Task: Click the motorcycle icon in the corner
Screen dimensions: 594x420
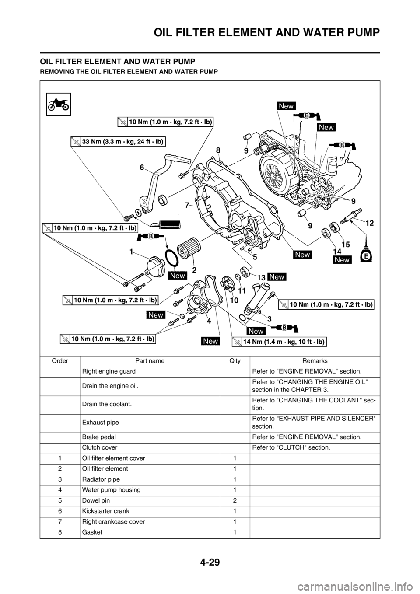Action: tap(59, 105)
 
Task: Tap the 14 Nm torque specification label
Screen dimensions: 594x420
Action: tap(280, 342)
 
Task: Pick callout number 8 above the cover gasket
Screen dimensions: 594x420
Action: tap(217, 150)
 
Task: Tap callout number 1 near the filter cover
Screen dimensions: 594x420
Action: tap(131, 252)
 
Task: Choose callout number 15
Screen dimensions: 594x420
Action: tap(345, 245)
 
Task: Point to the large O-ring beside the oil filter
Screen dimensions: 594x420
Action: tap(171, 258)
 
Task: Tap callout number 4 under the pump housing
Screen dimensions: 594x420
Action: tap(209, 320)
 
